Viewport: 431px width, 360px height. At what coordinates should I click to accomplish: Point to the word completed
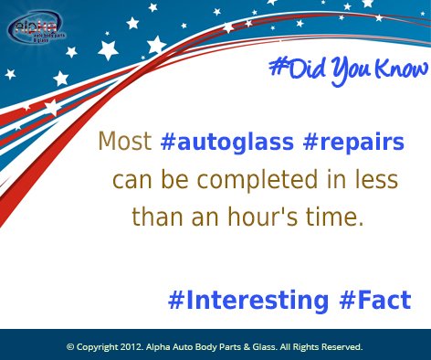tap(237, 180)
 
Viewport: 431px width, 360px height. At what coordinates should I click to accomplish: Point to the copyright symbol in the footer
tap(70, 347)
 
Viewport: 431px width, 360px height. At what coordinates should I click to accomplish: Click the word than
tap(152, 217)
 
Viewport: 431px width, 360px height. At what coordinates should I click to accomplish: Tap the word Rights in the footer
tap(304, 347)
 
